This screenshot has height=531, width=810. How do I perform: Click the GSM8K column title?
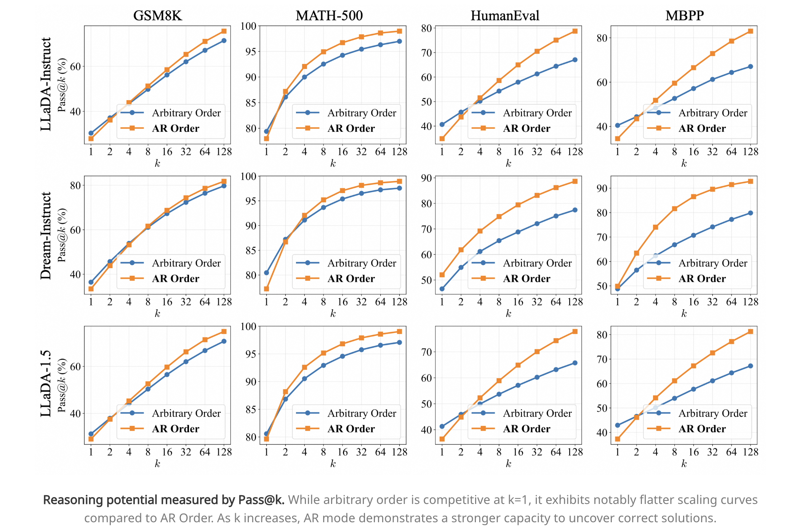157,16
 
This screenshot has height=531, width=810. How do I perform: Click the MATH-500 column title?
329,16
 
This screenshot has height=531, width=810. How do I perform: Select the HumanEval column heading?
505,16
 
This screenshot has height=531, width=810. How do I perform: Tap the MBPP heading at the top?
684,16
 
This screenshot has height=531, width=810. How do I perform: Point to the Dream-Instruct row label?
46,236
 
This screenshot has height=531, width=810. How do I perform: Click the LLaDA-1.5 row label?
46,383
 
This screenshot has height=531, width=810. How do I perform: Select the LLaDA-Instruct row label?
46,84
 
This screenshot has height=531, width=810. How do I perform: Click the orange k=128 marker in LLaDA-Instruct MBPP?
750,31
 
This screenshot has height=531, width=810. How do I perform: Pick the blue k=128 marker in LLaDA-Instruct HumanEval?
575,60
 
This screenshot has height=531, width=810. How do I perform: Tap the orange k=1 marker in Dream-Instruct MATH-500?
266,289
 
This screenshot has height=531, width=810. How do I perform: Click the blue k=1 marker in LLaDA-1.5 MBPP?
617,425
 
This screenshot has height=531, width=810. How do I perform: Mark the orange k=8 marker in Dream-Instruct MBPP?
674,209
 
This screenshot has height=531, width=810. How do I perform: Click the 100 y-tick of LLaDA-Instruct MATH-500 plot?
248,26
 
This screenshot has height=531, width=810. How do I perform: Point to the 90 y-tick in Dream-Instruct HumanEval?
426,178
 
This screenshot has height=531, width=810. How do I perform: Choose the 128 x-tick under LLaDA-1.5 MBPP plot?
750,452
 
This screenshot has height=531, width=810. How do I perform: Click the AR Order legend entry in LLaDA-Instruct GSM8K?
175,128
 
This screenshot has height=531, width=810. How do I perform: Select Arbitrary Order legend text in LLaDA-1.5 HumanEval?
537,413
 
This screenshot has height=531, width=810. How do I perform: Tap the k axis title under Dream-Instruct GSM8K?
157,313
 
